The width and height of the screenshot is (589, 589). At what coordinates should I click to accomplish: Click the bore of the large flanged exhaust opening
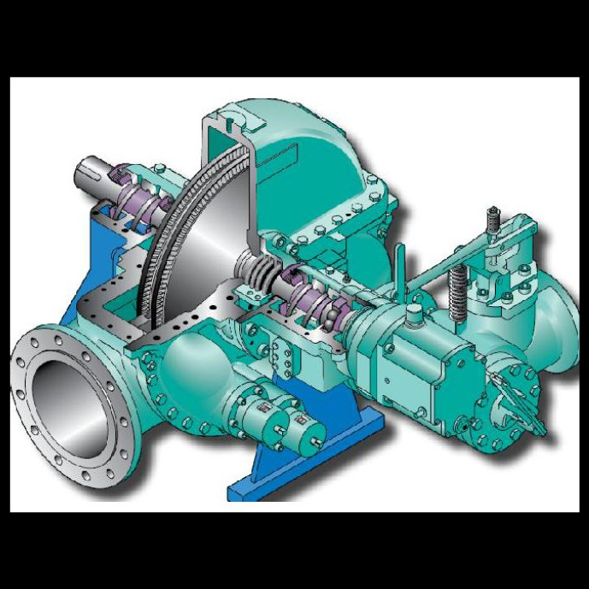tap(67, 402)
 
